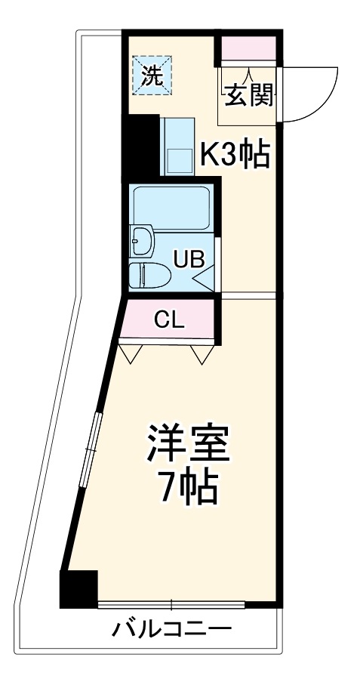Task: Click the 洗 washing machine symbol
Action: [x=152, y=76]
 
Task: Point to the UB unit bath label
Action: [x=188, y=259]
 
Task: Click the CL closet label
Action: [x=168, y=319]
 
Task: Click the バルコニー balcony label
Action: [x=172, y=628]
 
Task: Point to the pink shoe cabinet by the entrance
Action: [x=248, y=50]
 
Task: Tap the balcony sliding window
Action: [x=171, y=605]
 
